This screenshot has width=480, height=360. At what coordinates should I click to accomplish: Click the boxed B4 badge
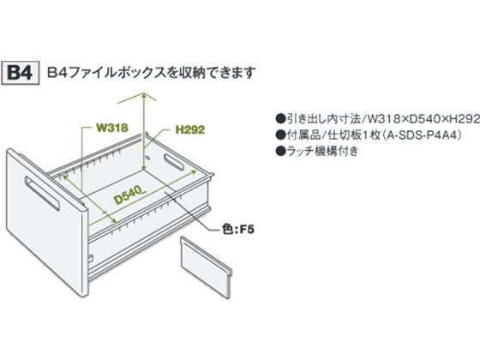click(x=21, y=73)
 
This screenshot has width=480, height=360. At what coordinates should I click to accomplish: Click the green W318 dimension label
click(x=112, y=128)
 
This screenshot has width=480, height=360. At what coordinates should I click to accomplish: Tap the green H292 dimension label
click(x=190, y=129)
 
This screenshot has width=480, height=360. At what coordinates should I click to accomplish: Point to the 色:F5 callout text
click(x=238, y=229)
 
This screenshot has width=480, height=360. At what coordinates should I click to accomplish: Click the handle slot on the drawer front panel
click(x=42, y=193)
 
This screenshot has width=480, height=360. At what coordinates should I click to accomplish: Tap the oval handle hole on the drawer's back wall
click(x=173, y=162)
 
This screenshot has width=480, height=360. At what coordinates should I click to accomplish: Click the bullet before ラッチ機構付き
click(x=279, y=151)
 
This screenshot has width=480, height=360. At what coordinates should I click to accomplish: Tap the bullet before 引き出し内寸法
click(x=279, y=119)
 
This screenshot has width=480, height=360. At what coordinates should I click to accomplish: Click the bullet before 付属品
click(x=279, y=135)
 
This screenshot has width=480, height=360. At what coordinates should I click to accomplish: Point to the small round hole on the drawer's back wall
click(x=147, y=158)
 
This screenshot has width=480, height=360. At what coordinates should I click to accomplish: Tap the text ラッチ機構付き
click(x=322, y=151)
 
